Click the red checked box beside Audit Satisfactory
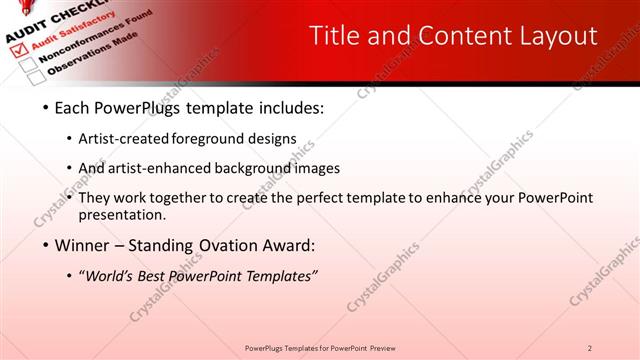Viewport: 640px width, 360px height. (16, 46)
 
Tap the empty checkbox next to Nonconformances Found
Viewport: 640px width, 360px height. (28, 61)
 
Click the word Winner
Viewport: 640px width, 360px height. (87, 245)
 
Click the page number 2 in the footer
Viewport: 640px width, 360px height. (590, 347)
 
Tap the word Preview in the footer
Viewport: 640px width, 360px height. (389, 347)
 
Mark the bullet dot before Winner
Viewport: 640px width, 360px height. (46, 245)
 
